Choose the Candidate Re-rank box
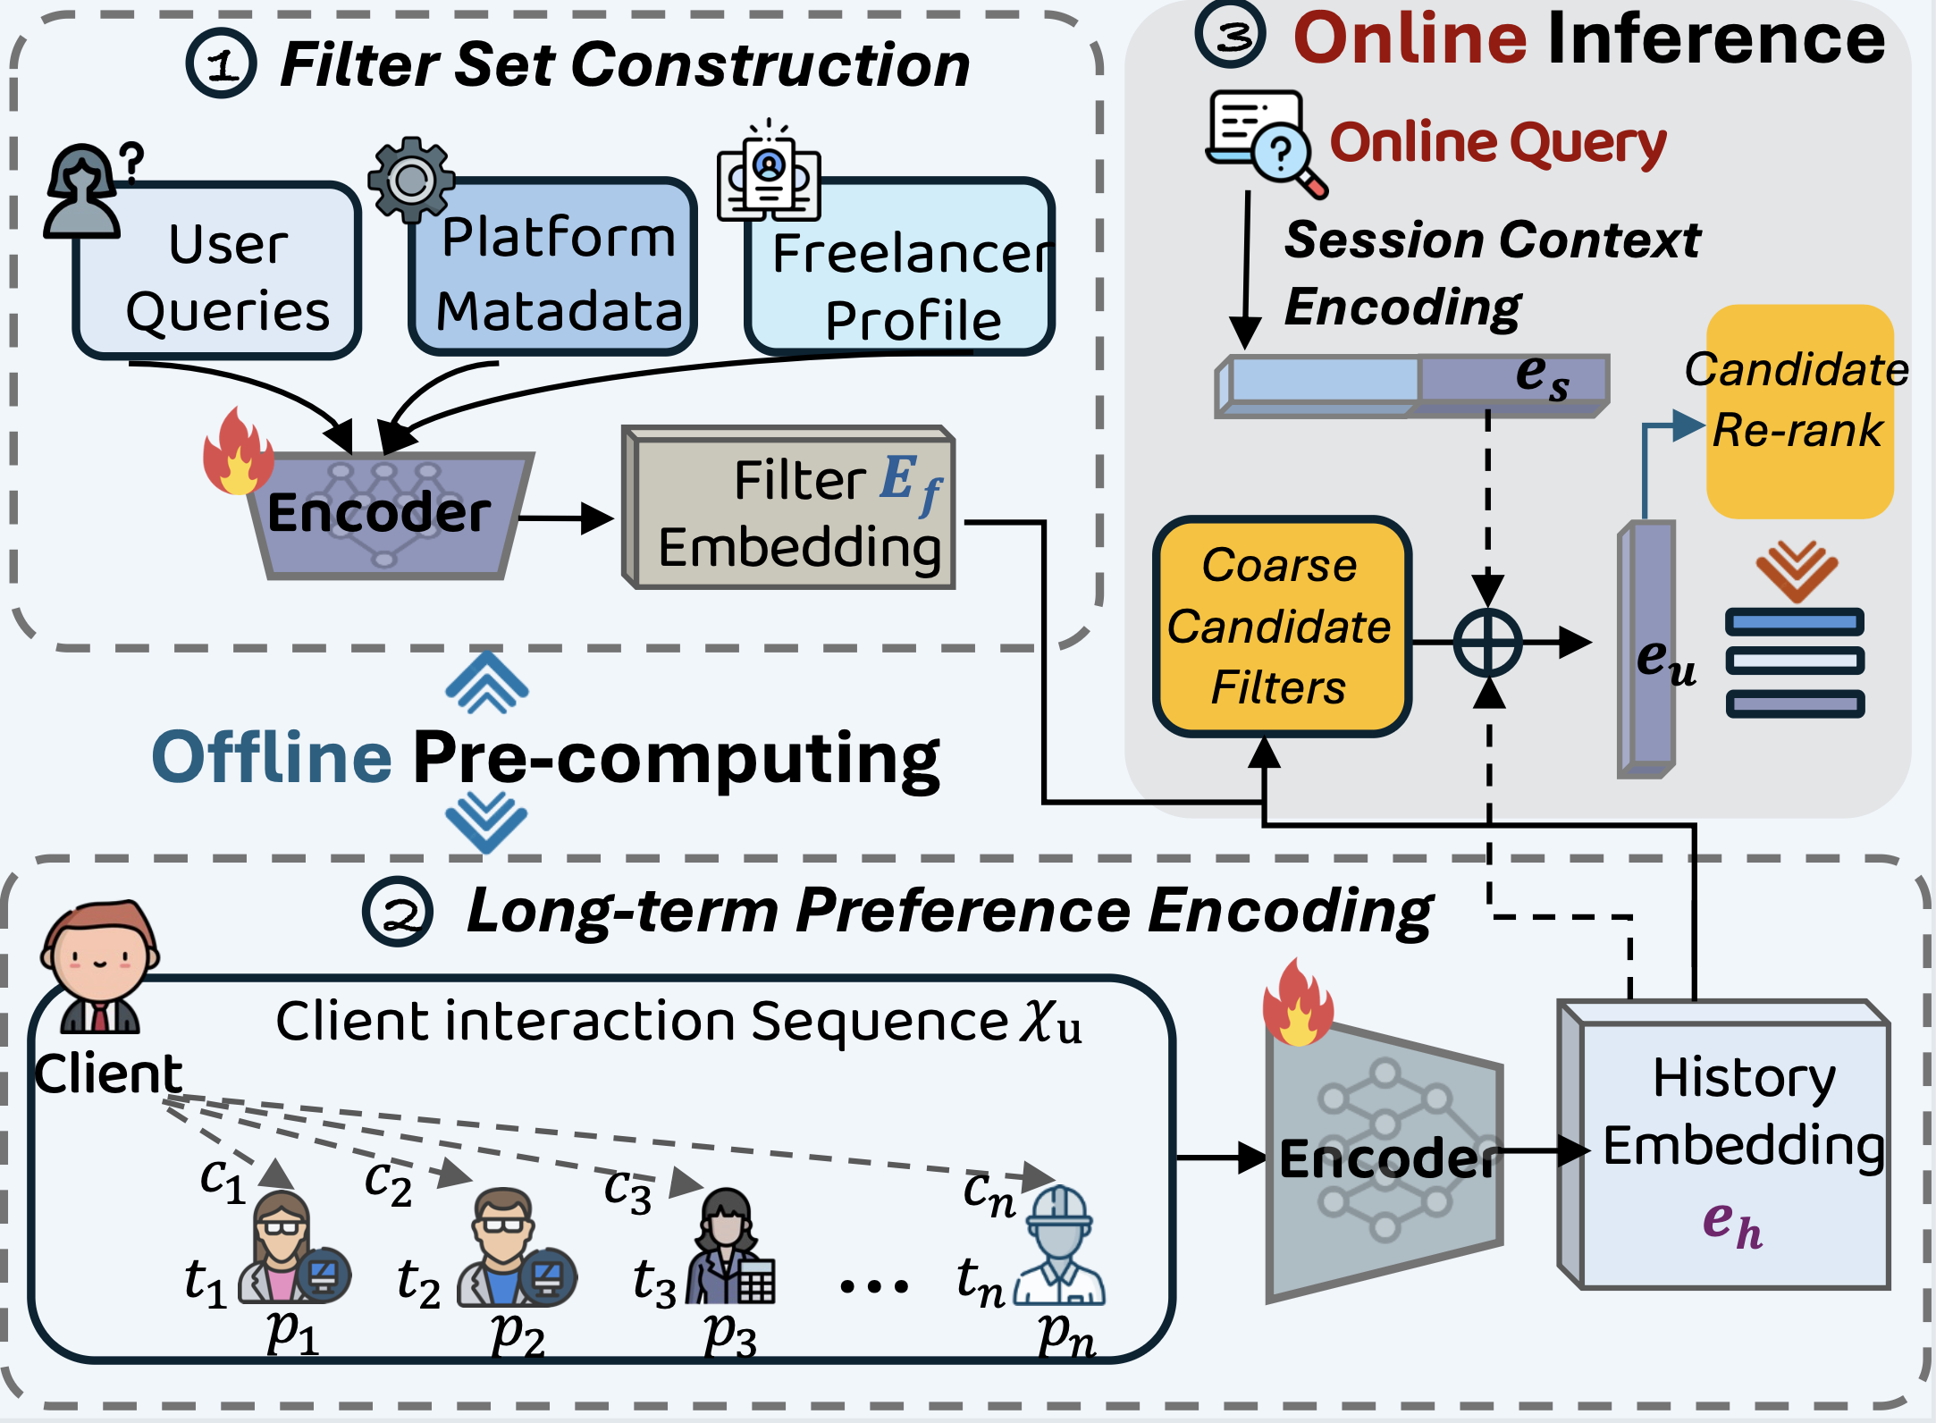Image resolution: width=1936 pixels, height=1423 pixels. click(x=1799, y=411)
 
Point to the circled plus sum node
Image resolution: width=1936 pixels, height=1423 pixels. click(x=1488, y=643)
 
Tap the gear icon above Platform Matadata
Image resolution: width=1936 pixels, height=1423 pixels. click(x=411, y=180)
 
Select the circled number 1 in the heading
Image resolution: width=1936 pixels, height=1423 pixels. click(x=221, y=64)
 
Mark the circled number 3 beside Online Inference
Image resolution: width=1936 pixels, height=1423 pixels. click(x=1231, y=36)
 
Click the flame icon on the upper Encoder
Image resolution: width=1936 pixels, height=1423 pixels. click(x=237, y=453)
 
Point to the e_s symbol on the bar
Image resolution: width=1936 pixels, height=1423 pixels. click(x=1542, y=375)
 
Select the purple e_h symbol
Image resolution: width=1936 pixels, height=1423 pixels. click(x=1731, y=1225)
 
